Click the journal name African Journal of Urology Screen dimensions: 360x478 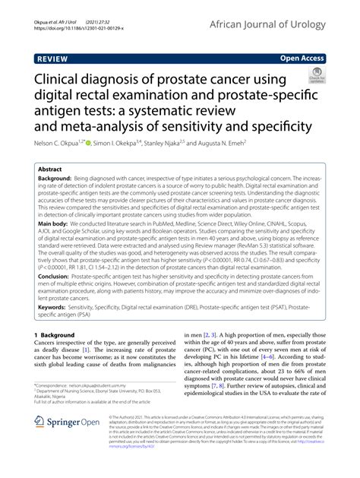pos(284,23)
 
